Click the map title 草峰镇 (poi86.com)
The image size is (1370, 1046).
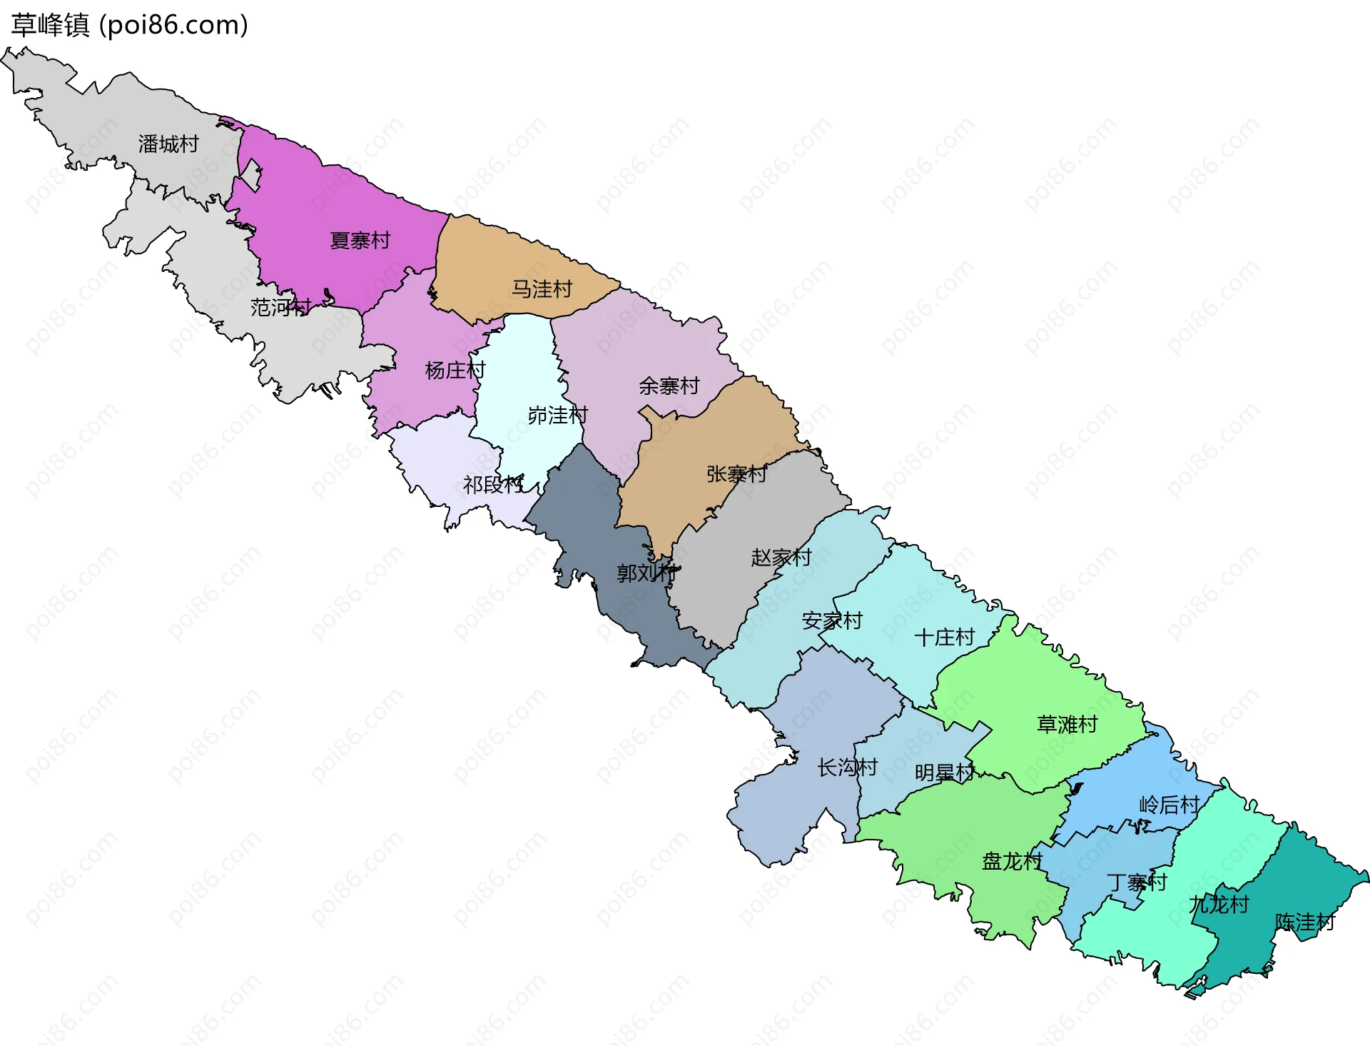tap(129, 25)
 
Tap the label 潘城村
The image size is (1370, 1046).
tap(168, 144)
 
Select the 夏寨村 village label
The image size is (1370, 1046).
tap(360, 241)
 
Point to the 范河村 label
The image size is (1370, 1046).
tap(280, 308)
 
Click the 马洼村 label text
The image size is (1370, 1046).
tap(542, 289)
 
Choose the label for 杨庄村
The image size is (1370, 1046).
tap(455, 370)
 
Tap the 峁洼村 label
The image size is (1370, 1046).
tap(558, 415)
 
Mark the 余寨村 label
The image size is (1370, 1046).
tap(669, 386)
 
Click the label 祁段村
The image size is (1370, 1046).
tap(493, 485)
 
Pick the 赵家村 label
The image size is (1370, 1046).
tap(781, 557)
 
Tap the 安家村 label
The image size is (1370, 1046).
tap(833, 620)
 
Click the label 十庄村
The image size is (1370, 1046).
tap(945, 637)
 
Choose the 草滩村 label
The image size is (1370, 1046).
tap(1067, 725)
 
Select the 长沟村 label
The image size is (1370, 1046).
tap(848, 768)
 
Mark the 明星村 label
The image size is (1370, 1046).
tap(945, 773)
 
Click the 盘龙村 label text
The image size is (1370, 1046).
tap(1013, 861)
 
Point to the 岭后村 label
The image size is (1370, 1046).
tap(1169, 805)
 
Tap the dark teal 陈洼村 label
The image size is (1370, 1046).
tap(1305, 922)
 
